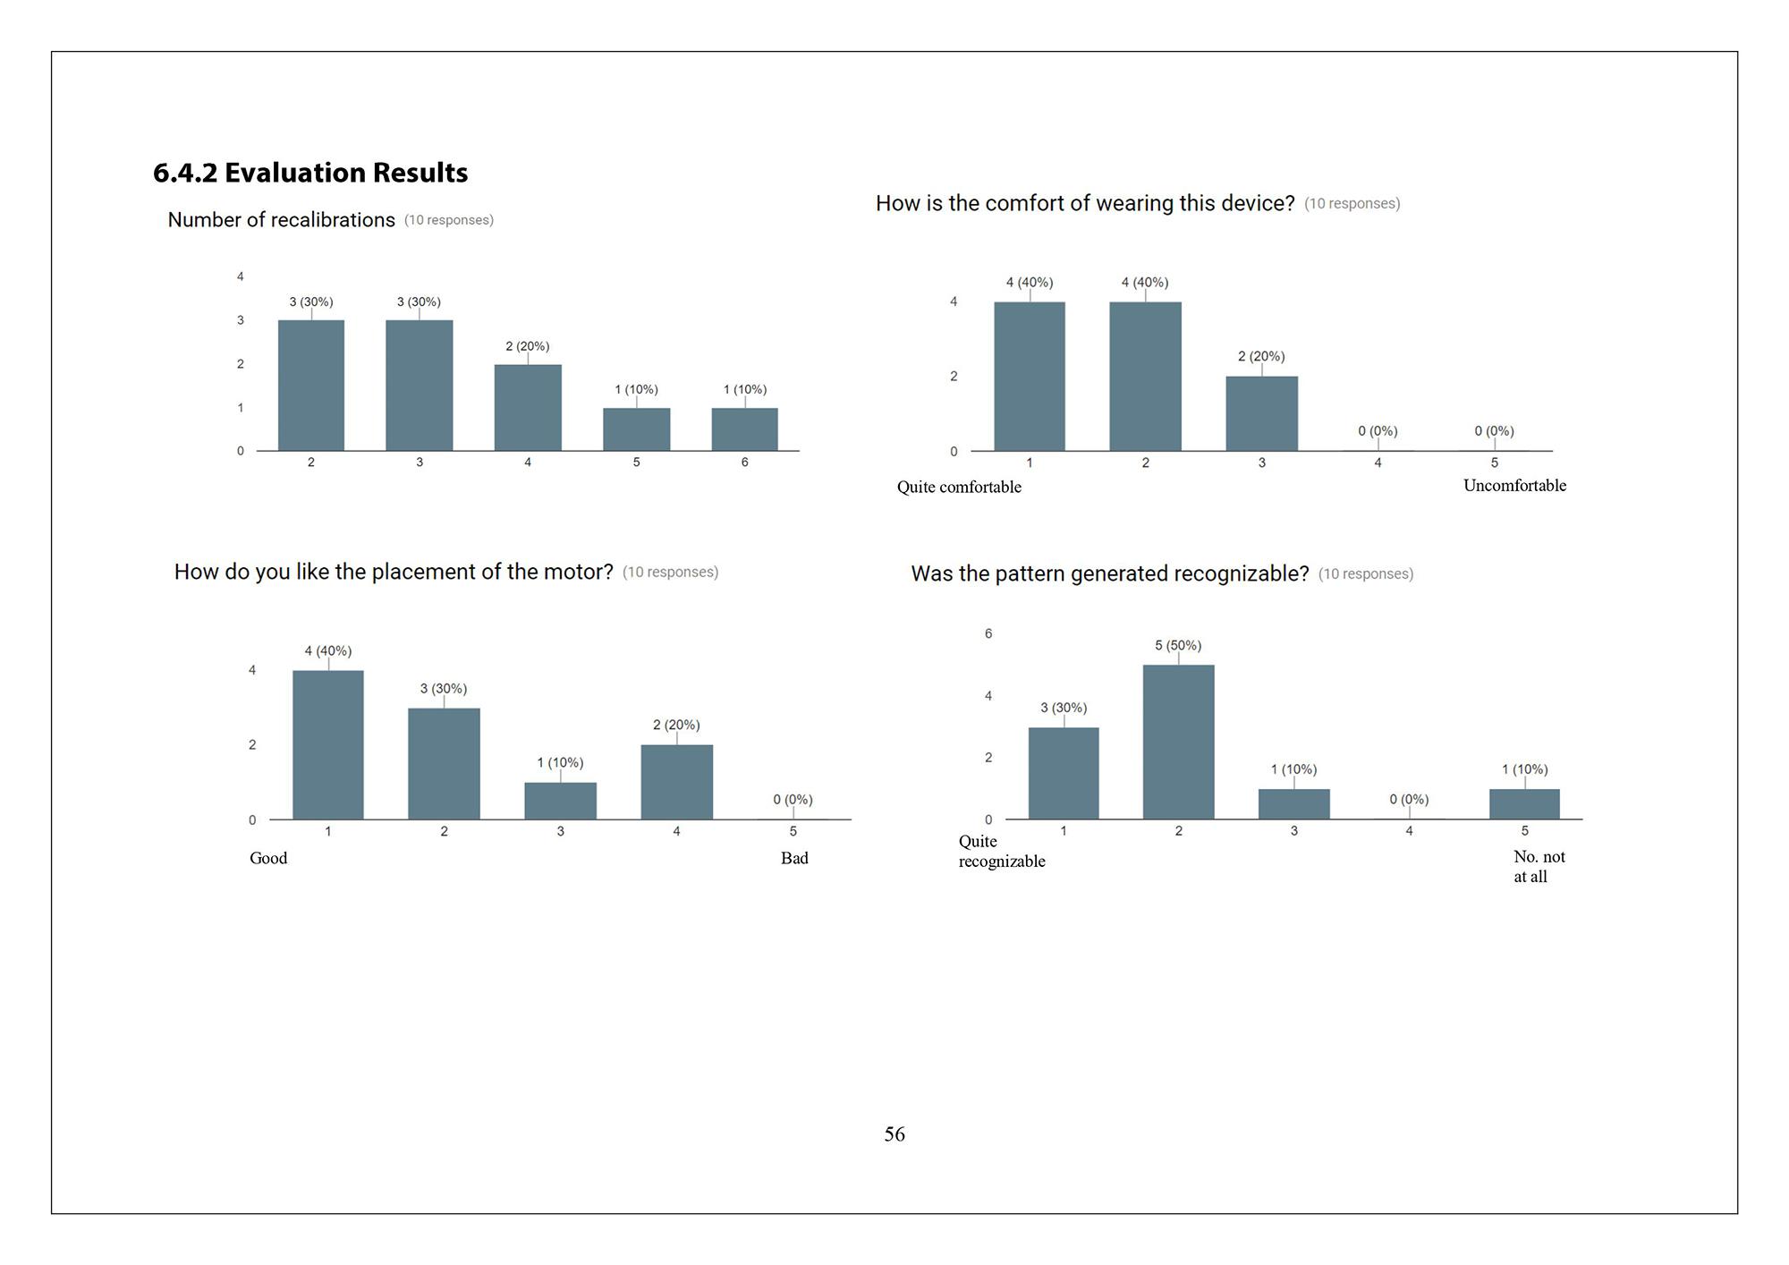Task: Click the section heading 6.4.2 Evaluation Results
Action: coord(310,173)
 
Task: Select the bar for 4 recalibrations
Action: coord(528,408)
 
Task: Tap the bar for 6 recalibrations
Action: coord(744,429)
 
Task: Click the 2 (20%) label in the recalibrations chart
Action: coord(527,346)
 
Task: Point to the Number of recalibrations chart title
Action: coord(281,220)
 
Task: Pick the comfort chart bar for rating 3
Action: coord(1261,413)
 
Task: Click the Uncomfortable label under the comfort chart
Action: coord(1514,486)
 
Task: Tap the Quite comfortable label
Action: coord(959,487)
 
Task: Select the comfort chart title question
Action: coord(1084,204)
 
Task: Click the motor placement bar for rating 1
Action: coord(328,744)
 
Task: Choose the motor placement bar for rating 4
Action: coord(676,782)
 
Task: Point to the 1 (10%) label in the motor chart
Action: coord(560,763)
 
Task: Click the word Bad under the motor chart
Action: coord(794,858)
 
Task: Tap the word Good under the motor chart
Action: coord(268,858)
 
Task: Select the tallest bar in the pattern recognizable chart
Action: coord(1178,742)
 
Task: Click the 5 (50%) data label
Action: coord(1178,646)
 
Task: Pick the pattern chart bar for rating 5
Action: coord(1524,803)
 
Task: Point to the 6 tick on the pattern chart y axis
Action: coord(988,634)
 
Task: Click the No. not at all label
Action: coord(1539,866)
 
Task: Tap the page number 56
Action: coord(894,1134)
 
